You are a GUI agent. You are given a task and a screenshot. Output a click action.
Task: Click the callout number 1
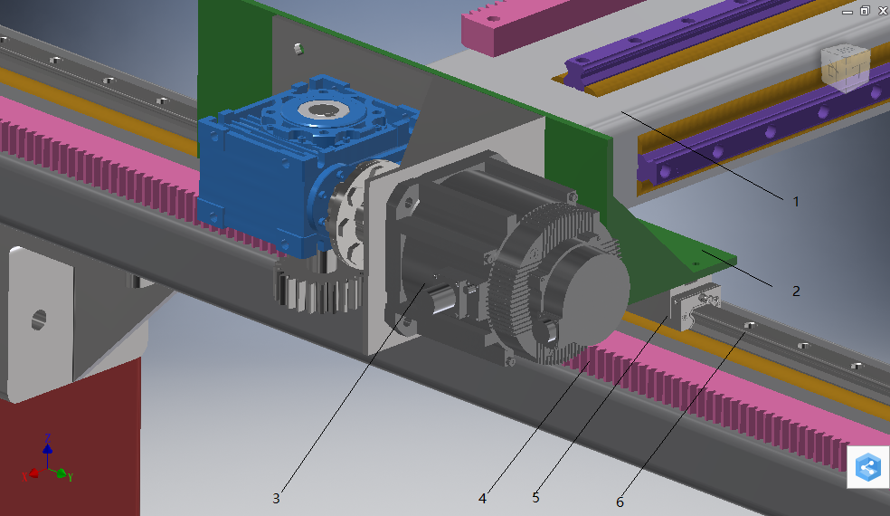pos(796,202)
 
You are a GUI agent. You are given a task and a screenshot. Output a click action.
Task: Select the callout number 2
pos(796,291)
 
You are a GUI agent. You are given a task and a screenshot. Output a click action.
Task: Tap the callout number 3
pos(276,499)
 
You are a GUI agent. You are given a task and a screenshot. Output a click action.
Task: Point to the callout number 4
pos(482,499)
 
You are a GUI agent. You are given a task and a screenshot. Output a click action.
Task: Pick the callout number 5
pos(535,497)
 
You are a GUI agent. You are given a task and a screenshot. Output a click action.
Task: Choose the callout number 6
pos(620,502)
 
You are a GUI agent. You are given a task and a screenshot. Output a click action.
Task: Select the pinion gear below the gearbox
pos(317,287)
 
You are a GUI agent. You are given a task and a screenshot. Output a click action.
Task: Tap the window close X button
pos(883,11)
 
